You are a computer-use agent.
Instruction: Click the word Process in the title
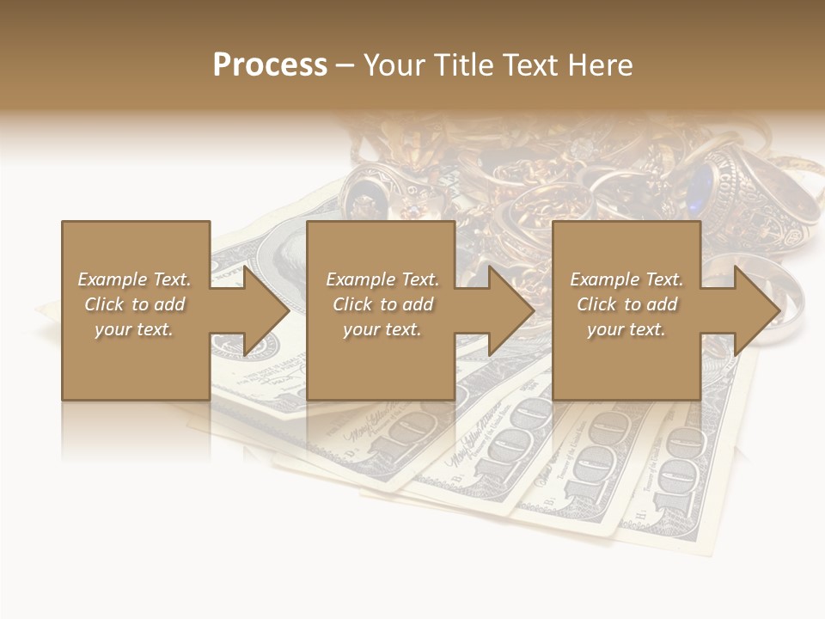tap(270, 65)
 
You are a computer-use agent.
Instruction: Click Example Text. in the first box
tap(134, 279)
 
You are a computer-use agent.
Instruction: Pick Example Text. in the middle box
tap(382, 279)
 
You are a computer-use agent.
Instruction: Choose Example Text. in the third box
tap(626, 279)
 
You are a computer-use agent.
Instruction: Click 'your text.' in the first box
tap(134, 329)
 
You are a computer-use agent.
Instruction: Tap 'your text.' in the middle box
tap(382, 329)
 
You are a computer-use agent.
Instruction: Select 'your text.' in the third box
tap(626, 329)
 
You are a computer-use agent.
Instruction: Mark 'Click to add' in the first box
tap(134, 304)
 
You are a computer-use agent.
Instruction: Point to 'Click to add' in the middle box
tap(382, 304)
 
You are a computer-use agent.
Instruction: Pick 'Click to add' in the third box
tap(626, 304)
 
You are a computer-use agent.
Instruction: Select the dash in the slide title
tap(345, 66)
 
